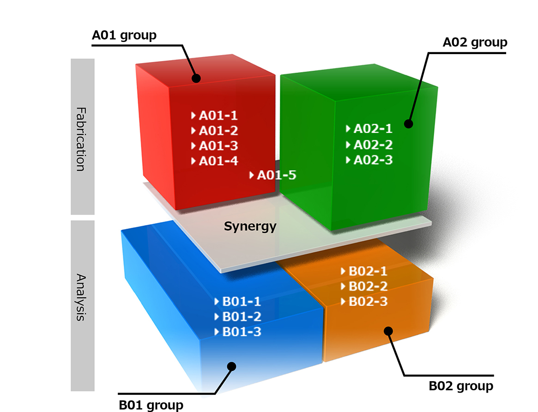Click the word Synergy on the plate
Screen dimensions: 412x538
pyautogui.click(x=250, y=226)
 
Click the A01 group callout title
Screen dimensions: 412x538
pyautogui.click(x=124, y=36)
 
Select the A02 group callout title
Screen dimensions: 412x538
pyautogui.click(x=475, y=42)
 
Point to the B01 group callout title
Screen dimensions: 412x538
pyautogui.click(x=151, y=405)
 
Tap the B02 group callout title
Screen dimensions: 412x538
pyautogui.click(x=461, y=386)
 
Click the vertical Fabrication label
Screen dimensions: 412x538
pyautogui.click(x=81, y=139)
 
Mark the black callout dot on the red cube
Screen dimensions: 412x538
pyautogui.click(x=196, y=78)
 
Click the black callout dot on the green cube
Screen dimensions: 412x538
pyautogui.click(x=408, y=124)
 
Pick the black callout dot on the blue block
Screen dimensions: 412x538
pyautogui.click(x=232, y=366)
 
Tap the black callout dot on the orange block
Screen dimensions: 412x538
pyautogui.click(x=388, y=331)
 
